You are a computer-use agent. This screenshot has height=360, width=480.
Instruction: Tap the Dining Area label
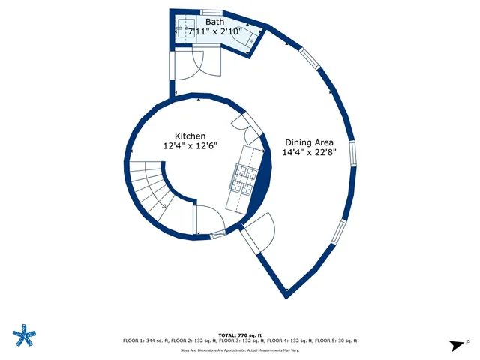309,142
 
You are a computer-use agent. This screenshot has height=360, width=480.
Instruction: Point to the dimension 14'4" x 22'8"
309,152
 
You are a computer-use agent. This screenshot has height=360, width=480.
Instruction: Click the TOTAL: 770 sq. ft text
240,334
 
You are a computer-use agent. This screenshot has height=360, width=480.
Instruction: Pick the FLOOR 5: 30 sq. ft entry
334,340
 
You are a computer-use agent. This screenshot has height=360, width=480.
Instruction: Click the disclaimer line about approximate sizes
240,350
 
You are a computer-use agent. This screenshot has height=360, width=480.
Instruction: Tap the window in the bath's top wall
211,12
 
